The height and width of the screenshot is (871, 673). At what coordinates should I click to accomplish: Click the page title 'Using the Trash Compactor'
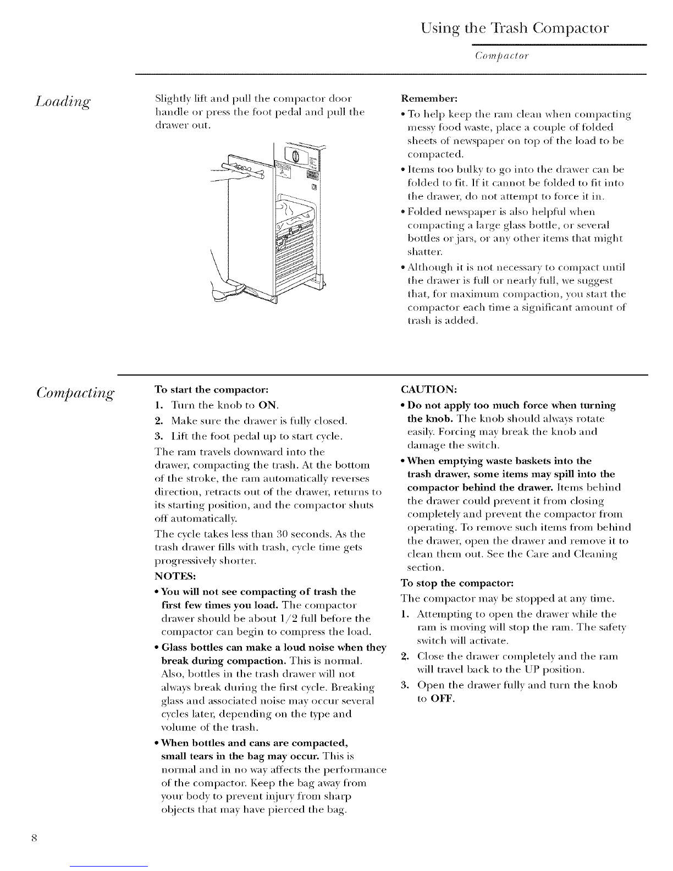[515, 29]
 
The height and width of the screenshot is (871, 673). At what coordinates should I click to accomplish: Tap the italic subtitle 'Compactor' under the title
[502, 56]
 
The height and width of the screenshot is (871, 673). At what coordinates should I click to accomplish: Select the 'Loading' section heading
[63, 101]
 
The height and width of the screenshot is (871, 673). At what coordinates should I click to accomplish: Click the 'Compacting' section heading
[75, 393]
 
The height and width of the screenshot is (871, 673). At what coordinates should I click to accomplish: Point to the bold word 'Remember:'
[429, 98]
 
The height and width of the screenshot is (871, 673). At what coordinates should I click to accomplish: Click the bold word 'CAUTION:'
[429, 390]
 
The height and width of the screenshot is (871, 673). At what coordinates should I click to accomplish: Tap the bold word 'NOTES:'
[175, 576]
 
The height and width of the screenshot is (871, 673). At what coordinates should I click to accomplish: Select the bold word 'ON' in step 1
[268, 405]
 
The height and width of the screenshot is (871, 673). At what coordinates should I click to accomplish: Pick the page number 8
[34, 838]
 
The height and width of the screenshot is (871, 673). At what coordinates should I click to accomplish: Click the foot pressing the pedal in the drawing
[227, 290]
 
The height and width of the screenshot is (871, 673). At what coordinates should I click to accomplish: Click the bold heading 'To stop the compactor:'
[457, 583]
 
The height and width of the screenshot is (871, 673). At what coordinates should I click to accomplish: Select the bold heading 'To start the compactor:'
[211, 390]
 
